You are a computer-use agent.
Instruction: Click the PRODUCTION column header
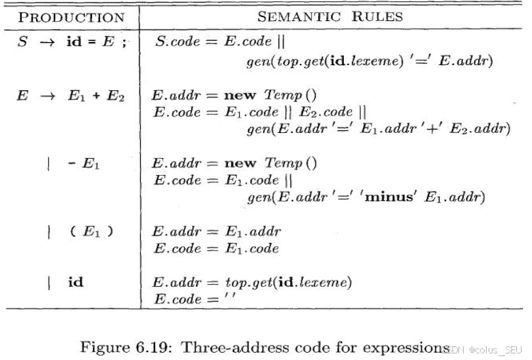point(72,16)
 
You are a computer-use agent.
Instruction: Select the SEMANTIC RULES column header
point(329,16)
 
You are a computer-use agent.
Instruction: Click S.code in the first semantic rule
point(178,42)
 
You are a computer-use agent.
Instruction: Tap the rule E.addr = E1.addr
point(216,232)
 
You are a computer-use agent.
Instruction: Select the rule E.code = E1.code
point(216,249)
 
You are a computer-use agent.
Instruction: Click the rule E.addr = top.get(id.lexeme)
point(252,284)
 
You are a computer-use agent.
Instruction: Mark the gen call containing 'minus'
point(366,197)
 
